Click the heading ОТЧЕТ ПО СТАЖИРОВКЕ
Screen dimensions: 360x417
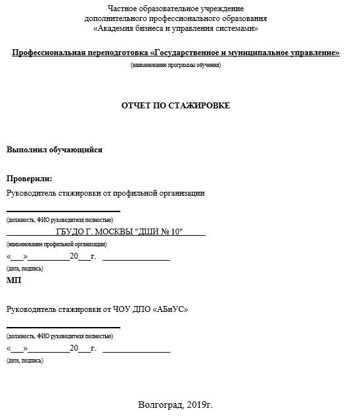coord(175,106)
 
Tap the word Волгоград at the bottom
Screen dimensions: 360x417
coord(157,405)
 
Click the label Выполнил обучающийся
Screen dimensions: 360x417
coord(55,150)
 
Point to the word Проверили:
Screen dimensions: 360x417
coord(29,179)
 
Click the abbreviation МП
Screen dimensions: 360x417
coord(14,280)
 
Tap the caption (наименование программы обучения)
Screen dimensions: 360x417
coord(175,65)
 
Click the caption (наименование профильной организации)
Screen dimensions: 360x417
coord(56,244)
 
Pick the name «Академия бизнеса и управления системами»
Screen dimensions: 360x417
coord(175,28)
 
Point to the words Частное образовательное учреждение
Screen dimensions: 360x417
coord(175,9)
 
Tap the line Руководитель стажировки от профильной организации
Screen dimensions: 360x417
coord(106,193)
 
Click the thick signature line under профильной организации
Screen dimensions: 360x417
coord(63,211)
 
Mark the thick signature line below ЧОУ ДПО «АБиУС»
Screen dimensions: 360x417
coord(63,326)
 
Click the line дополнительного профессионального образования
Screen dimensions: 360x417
coord(175,18)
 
